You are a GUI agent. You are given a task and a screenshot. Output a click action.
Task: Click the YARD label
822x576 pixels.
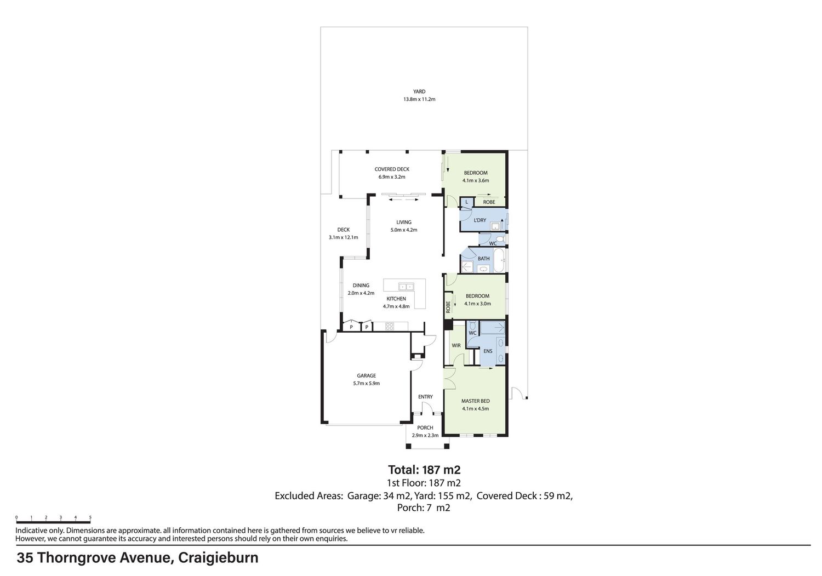click(419, 92)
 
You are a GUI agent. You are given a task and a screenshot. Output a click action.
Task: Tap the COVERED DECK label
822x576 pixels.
click(392, 169)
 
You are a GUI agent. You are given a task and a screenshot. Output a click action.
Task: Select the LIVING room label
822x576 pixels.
click(404, 222)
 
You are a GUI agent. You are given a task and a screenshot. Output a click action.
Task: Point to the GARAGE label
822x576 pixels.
click(366, 375)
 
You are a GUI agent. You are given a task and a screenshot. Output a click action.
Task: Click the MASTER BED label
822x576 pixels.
click(476, 401)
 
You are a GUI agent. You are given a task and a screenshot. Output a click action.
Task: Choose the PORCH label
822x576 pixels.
click(425, 427)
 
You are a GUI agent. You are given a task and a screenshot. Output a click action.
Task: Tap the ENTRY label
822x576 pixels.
click(425, 396)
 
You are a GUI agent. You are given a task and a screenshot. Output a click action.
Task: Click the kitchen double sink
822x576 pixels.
click(406, 286)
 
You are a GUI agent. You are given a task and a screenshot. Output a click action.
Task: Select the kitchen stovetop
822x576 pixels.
click(389, 326)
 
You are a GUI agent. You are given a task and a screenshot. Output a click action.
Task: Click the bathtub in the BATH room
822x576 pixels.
click(499, 260)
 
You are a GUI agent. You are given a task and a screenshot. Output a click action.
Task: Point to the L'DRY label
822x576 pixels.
click(480, 220)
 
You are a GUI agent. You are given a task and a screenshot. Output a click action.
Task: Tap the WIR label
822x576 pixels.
click(456, 345)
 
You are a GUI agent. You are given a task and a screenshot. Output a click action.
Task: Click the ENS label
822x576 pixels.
click(488, 351)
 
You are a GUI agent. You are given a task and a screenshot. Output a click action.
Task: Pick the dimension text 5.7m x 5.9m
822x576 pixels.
click(366, 383)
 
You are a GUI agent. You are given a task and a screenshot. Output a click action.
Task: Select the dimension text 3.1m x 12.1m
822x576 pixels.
click(344, 237)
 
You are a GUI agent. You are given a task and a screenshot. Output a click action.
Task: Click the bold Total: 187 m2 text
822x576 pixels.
click(424, 470)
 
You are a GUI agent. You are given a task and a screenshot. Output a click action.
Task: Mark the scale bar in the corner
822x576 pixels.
click(53, 520)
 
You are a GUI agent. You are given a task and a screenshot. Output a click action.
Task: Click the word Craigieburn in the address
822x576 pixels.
click(218, 558)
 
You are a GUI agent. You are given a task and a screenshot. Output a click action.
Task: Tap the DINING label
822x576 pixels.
click(361, 285)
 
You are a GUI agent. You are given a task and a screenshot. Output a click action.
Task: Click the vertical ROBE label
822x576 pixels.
click(448, 307)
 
